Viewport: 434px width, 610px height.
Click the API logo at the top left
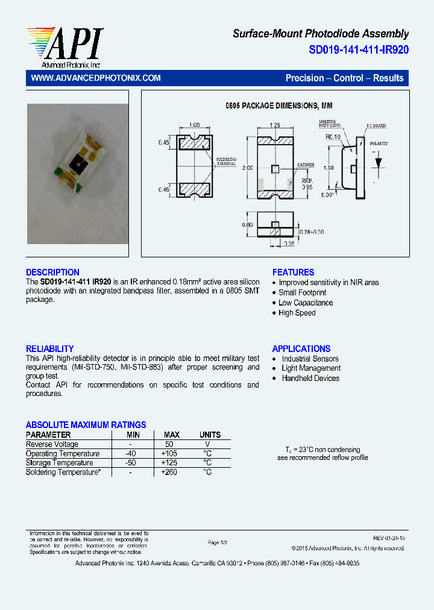(x=65, y=47)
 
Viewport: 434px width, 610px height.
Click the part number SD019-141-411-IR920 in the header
(x=359, y=50)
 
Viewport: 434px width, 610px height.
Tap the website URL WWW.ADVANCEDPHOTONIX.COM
(x=95, y=78)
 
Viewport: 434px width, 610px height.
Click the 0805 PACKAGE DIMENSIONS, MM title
(x=279, y=106)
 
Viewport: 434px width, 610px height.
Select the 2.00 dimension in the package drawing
(x=247, y=168)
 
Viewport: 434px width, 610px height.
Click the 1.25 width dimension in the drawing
(x=275, y=125)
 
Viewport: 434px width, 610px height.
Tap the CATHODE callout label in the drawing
(x=306, y=165)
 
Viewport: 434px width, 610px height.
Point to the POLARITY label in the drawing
(x=379, y=143)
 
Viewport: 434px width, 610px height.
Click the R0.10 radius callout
(x=333, y=137)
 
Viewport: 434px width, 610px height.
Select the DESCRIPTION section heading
(x=52, y=272)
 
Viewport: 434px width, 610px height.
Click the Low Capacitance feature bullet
(x=306, y=303)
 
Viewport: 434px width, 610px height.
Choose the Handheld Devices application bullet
(x=310, y=379)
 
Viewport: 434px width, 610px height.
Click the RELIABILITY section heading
(x=49, y=349)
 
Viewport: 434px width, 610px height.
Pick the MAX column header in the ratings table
(x=172, y=435)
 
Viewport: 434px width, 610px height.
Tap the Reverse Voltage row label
(x=52, y=444)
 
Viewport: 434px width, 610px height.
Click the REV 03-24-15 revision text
(x=389, y=537)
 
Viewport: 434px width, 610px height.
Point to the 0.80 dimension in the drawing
(x=247, y=225)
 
